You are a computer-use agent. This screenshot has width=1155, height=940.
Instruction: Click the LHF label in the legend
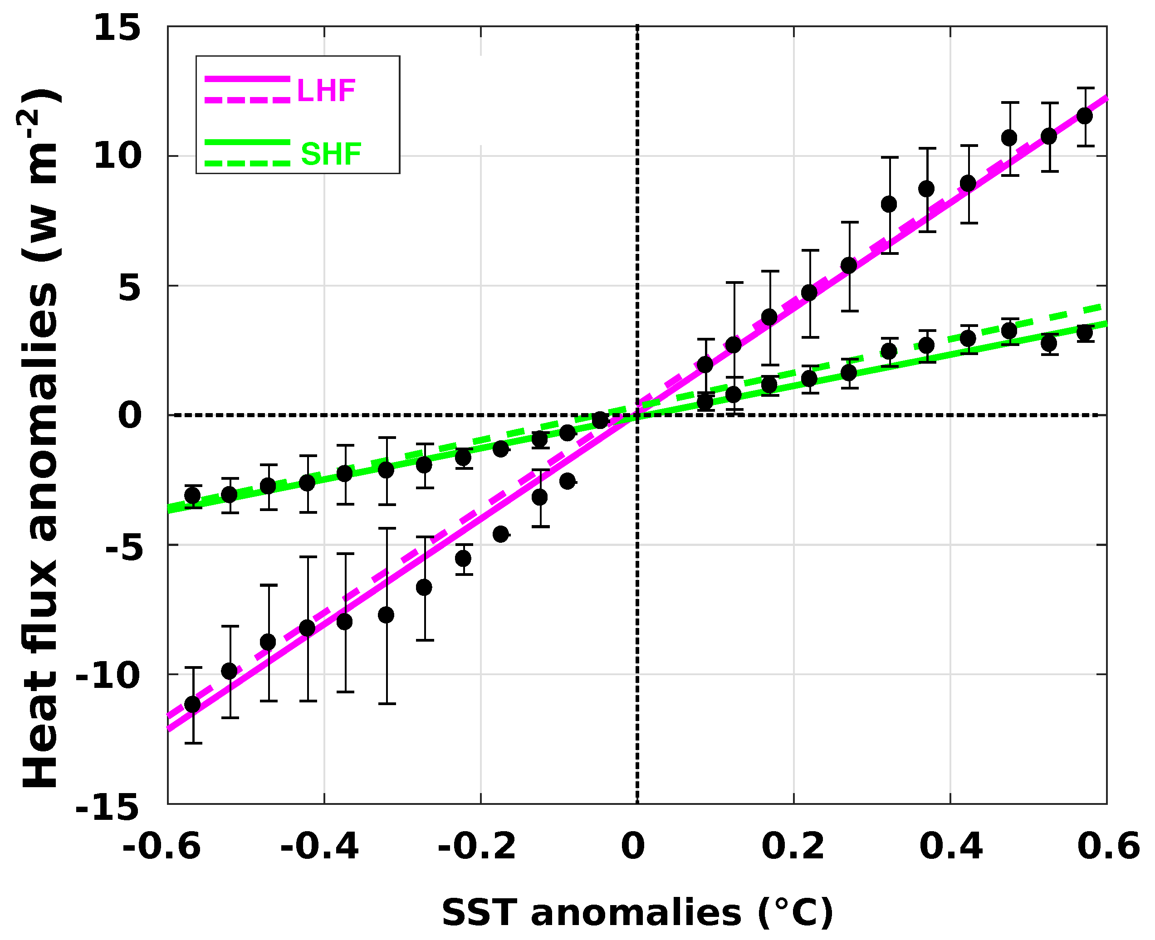326,90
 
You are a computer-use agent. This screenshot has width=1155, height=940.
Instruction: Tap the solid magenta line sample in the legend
247,79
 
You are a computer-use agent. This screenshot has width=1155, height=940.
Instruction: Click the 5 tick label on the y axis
129,287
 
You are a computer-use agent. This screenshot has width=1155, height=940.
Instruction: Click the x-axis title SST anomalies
637,913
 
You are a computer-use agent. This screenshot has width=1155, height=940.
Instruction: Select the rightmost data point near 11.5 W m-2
1085,116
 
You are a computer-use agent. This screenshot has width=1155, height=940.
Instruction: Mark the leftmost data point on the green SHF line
193,496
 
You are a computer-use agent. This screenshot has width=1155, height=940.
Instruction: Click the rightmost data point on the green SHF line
1085,333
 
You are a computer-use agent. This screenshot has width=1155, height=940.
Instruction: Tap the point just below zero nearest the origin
600,419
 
